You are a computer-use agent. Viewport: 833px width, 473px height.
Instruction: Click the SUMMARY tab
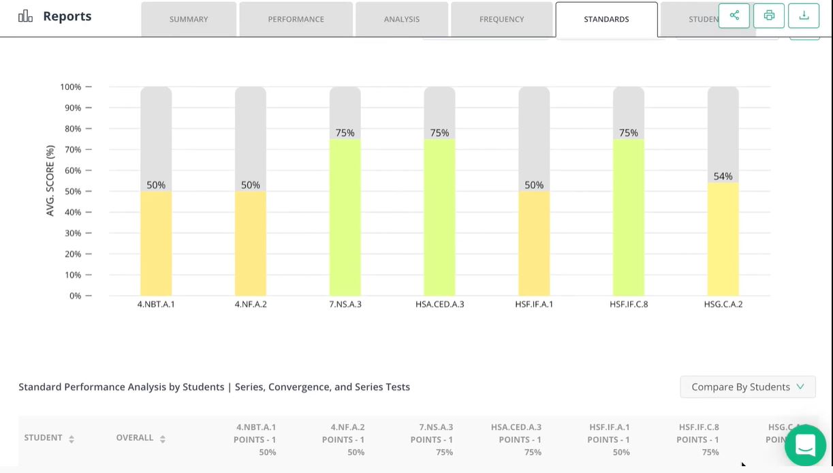pos(189,19)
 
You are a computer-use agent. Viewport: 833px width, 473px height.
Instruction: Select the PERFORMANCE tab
pos(296,19)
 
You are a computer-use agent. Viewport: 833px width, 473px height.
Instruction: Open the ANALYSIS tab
pos(401,19)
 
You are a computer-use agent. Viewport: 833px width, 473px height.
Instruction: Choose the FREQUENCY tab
pos(501,19)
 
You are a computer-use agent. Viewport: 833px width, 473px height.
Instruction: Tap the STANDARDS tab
pos(606,19)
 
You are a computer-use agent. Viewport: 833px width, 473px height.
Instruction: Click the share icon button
pos(734,16)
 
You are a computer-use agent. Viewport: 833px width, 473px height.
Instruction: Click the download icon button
pos(804,16)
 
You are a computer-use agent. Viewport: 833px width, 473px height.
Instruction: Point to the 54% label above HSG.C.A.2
pos(723,177)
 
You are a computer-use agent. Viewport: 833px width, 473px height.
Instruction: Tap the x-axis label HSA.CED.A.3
pos(439,304)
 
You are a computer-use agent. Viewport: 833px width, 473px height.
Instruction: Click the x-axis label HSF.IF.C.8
pos(629,304)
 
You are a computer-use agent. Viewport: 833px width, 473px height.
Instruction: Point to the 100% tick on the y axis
pos(71,87)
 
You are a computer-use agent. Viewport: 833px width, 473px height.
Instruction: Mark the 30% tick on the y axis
pos(72,233)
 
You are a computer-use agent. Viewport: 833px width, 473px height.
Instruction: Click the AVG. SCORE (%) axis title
pos(50,181)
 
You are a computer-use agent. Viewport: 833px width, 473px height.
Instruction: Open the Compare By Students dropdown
pos(747,387)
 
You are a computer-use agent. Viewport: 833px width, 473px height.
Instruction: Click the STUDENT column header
pos(44,438)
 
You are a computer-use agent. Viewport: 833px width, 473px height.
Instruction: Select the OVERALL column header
pos(136,438)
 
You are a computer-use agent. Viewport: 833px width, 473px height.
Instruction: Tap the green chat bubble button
pos(805,446)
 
